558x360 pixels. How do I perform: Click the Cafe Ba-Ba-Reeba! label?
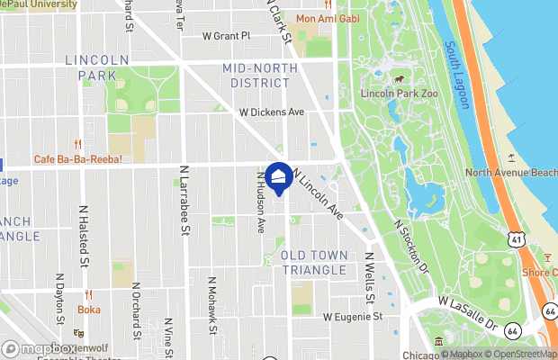point(77,159)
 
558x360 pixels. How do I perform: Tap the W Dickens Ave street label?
point(271,112)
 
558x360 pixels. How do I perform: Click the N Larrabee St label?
point(184,200)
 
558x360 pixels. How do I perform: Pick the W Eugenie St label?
point(353,317)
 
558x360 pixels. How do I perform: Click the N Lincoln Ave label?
point(318,197)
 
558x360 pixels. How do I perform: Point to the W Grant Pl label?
point(226,36)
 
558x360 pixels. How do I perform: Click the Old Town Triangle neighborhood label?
point(314,263)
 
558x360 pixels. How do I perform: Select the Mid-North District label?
point(256,76)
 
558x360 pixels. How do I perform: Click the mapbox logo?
point(38,349)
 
